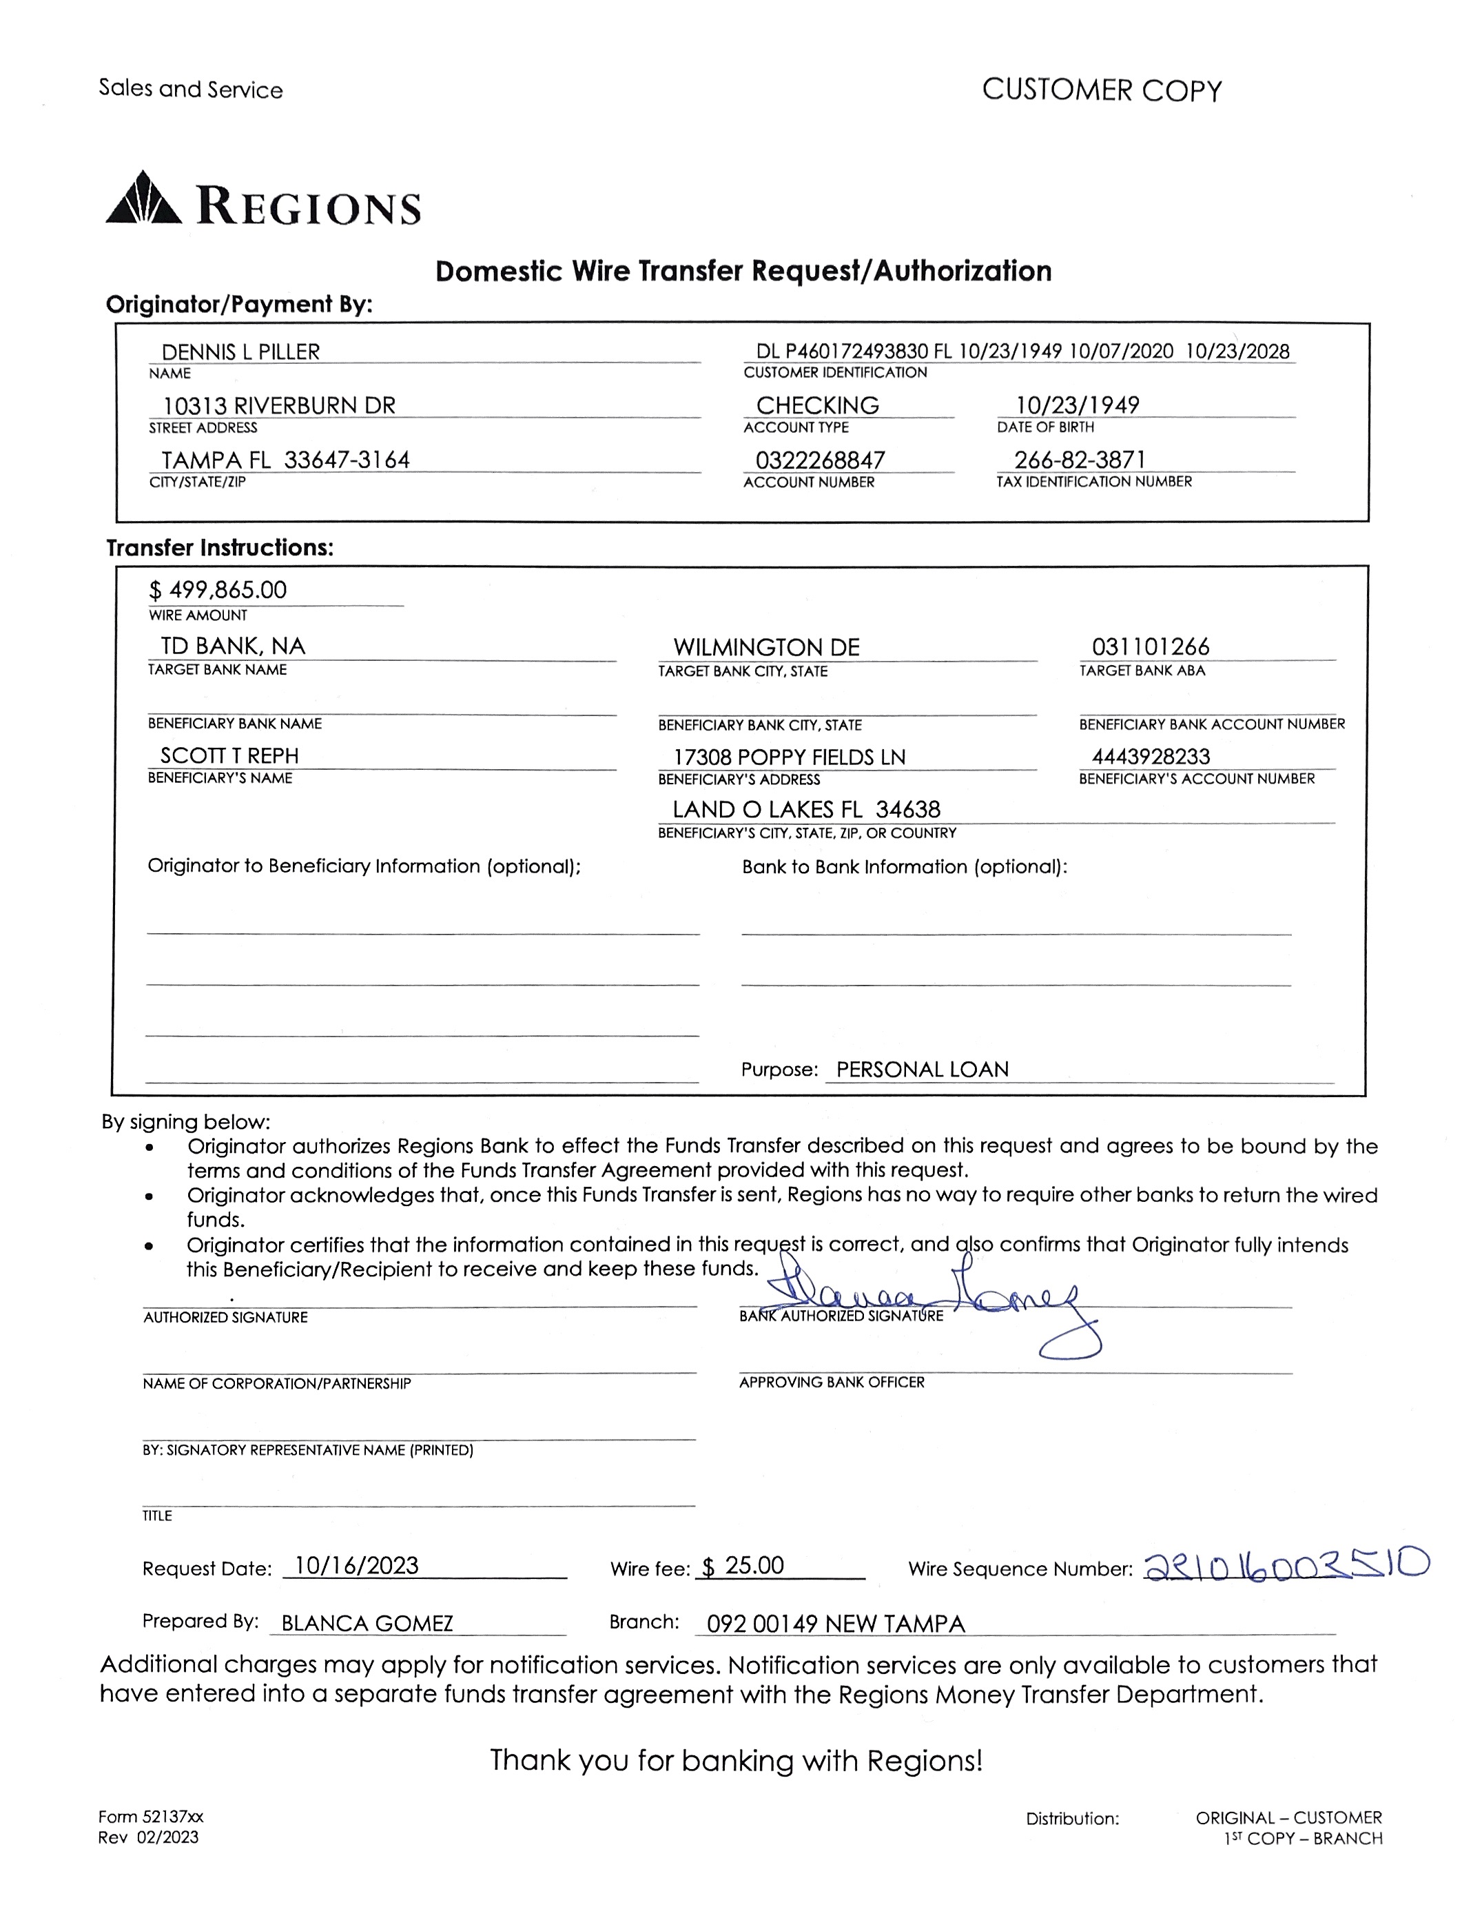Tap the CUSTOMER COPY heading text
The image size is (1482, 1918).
1101,90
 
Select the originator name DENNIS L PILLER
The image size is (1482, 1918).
240,352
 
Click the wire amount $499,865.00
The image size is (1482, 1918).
218,590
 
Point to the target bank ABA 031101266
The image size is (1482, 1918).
1150,647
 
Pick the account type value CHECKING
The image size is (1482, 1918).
817,406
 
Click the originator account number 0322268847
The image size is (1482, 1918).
820,460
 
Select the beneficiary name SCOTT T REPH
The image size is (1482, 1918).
229,756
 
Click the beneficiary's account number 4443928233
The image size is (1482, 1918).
1150,757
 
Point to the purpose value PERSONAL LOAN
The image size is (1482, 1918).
922,1070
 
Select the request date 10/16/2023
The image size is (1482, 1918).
356,1566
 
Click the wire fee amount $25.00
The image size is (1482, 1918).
743,1566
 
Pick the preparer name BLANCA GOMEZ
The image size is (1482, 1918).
367,1624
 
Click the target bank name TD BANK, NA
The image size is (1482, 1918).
233,647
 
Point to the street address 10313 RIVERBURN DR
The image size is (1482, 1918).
279,406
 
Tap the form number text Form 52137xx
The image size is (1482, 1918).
151,1817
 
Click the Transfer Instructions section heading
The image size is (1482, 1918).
220,548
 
